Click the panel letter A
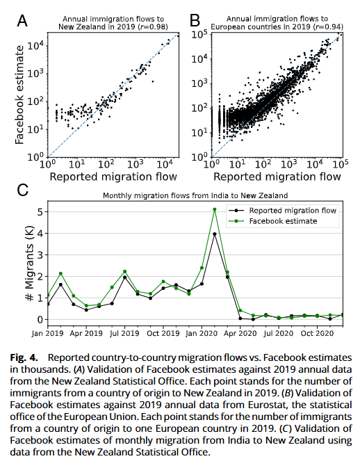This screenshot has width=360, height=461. point(22,21)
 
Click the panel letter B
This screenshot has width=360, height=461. point(195,21)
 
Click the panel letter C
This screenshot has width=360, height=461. point(23,190)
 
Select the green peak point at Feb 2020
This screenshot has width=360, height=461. point(215,209)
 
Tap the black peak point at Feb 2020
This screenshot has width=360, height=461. point(215,234)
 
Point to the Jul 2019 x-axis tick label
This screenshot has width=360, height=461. point(124,333)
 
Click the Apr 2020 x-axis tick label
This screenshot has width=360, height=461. point(240,333)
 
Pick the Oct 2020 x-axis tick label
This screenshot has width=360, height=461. point(317,333)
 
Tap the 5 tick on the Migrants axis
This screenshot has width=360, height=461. point(40,211)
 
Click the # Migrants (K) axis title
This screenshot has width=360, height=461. point(29,264)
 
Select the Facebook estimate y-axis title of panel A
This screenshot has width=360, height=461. point(19,95)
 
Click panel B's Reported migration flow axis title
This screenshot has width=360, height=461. point(277,177)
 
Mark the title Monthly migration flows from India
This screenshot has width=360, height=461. point(195,195)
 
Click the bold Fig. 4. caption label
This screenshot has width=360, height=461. point(24,358)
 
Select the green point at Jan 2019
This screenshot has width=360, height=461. point(48,296)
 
